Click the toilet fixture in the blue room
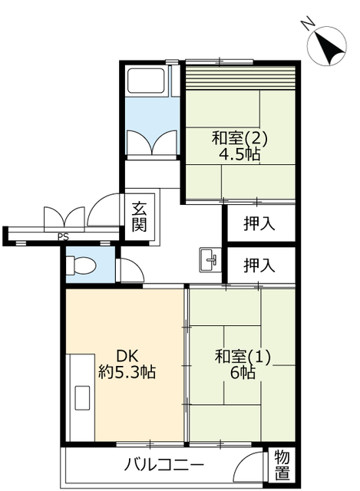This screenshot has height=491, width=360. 81,265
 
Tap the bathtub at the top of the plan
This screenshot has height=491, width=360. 146,80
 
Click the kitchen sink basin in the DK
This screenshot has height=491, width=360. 82,397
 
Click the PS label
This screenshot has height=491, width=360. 63,237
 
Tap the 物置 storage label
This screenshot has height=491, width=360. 282,465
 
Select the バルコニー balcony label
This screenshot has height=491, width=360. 163,464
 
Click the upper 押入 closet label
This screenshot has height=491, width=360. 259,223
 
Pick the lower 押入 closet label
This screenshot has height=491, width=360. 259,265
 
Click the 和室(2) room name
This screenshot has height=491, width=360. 239,138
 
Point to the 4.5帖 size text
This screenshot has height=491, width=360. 239,154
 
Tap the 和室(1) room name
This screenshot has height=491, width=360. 243,357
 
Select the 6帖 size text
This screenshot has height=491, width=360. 243,373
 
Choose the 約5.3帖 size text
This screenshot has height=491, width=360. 127,372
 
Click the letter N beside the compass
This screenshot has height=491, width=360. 307,25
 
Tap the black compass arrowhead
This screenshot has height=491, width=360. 329,48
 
